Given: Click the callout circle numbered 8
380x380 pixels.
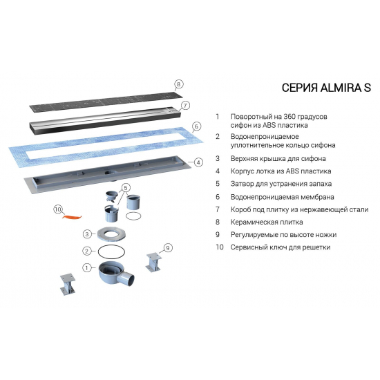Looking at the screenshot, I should pos(178,84).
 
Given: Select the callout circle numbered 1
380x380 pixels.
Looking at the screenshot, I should pos(87,267).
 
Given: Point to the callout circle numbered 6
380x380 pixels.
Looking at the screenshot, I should pos(196,126).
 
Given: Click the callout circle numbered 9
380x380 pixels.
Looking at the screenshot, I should pos(167,247).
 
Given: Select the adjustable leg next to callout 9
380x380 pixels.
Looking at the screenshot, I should pos(153,263).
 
